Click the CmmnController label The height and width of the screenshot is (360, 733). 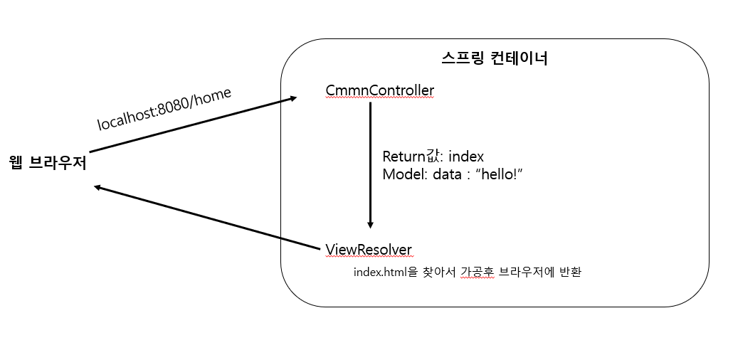[379, 90]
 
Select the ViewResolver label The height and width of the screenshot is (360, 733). [369, 249]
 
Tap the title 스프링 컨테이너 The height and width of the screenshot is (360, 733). [495, 58]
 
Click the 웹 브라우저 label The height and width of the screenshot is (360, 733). [48, 164]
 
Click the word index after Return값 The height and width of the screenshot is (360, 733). [466, 157]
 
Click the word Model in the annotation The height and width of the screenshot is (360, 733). [401, 174]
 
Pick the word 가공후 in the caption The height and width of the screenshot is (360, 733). [476, 272]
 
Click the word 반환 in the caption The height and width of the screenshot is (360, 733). [571, 272]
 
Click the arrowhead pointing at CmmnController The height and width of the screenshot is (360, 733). [292, 98]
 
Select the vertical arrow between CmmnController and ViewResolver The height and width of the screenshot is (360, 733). [370, 164]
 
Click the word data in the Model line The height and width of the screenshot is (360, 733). [447, 174]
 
